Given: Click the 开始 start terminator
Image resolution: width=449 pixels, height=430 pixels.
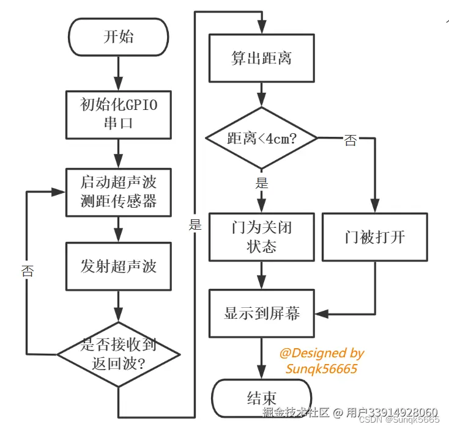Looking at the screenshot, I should [x=118, y=37].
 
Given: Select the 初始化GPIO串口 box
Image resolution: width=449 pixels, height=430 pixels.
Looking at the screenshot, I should [x=118, y=114].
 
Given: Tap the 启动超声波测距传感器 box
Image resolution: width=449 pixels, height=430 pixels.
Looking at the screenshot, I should [x=118, y=192].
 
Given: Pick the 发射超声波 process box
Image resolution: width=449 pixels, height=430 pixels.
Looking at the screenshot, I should [x=118, y=266].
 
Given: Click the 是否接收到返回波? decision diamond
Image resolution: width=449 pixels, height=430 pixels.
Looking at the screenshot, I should [x=118, y=354].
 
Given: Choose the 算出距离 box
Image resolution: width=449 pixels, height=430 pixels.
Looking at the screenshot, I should [x=262, y=59].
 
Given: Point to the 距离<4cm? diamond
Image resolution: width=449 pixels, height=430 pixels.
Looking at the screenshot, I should [x=262, y=139].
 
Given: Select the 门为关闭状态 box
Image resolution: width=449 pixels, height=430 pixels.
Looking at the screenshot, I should [x=262, y=237].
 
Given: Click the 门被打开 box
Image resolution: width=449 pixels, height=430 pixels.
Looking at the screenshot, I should [x=374, y=237].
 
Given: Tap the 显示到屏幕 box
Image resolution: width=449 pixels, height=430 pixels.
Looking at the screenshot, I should [x=262, y=314].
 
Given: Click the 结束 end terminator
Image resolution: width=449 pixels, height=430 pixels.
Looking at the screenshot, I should [x=262, y=398].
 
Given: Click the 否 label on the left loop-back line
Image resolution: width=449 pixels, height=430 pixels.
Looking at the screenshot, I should [x=27, y=271].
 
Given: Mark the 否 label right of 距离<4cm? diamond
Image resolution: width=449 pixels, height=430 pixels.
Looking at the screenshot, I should [x=350, y=140].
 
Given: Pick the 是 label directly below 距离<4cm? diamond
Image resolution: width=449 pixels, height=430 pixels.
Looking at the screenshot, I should [x=261, y=183].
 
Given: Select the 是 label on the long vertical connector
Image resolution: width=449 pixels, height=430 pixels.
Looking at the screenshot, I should [x=195, y=224].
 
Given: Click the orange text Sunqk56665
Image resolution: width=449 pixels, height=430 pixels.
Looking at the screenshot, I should [x=321, y=368].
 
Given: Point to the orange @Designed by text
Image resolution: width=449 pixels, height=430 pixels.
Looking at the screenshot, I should [x=322, y=353].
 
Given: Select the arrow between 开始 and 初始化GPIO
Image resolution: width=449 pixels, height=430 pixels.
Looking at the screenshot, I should [x=118, y=73].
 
